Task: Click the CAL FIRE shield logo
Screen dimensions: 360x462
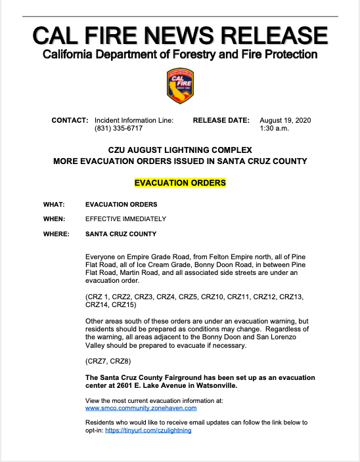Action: coord(180,86)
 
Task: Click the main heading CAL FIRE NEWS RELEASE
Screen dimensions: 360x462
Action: coord(180,35)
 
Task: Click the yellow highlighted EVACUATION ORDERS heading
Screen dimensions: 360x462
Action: coord(180,182)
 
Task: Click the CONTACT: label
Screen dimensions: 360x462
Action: coord(70,121)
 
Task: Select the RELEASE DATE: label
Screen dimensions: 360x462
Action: coord(221,121)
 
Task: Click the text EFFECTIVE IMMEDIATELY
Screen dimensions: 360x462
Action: coord(125,219)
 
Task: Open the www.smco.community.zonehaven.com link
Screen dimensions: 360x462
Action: coord(141,408)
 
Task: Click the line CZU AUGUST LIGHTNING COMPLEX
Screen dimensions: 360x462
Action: coord(180,150)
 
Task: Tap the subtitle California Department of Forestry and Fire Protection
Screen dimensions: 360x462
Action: coord(180,54)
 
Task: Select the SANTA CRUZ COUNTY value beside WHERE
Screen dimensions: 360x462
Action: coord(121,234)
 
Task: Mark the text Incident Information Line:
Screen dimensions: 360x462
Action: coord(134,121)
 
